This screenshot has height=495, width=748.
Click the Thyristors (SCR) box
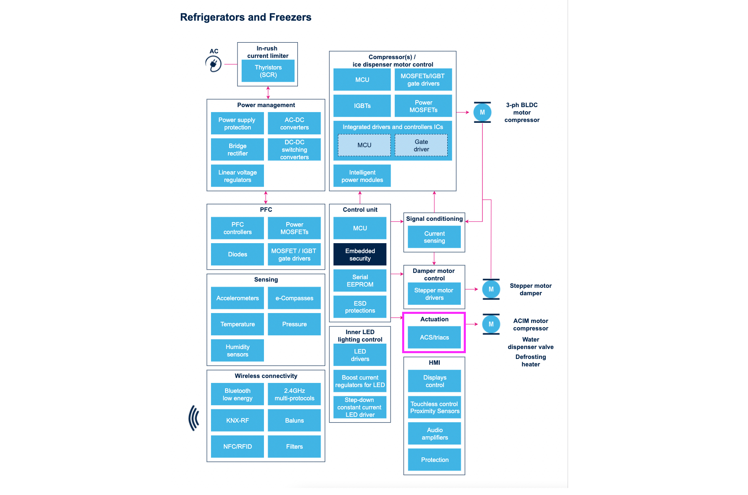[x=268, y=71]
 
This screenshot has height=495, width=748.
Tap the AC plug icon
[x=213, y=64]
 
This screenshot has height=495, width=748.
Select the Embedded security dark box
[x=360, y=254]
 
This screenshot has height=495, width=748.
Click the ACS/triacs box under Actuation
[x=434, y=337]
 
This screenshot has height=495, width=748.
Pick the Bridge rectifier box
[x=237, y=149]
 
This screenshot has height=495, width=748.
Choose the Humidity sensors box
[x=237, y=350]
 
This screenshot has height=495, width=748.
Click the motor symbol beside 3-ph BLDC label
[x=482, y=112]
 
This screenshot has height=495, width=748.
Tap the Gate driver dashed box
[x=421, y=145]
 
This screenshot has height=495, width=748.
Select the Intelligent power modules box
[x=362, y=176]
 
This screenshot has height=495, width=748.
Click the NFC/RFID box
[x=237, y=446]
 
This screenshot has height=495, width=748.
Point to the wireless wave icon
[x=194, y=418]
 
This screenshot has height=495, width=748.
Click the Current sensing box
[x=434, y=237]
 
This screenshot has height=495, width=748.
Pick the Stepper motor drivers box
[x=434, y=294]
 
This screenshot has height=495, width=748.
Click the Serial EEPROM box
[x=360, y=280]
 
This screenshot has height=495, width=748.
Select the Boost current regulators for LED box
[x=360, y=381]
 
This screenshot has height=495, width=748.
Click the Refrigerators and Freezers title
[x=245, y=17]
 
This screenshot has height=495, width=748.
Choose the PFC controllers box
[x=237, y=228]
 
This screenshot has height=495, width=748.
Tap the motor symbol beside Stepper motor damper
[x=491, y=289]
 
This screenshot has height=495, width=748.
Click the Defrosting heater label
[x=530, y=360]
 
